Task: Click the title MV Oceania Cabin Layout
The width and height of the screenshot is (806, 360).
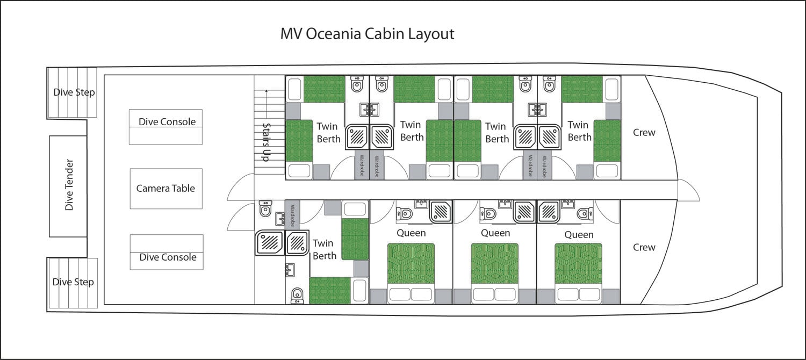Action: tap(367, 34)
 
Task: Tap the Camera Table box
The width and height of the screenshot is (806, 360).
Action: tap(166, 189)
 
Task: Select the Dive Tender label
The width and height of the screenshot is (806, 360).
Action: tap(69, 185)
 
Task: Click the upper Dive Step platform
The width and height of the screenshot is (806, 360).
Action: tap(72, 92)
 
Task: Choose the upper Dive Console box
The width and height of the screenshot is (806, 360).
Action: tap(165, 127)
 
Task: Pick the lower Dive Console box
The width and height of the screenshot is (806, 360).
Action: tap(167, 252)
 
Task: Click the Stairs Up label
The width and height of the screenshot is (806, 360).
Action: tap(267, 142)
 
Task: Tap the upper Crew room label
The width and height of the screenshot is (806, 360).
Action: tap(644, 132)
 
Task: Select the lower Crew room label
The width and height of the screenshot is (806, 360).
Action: tap(644, 247)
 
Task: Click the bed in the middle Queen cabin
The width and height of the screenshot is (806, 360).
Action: tap(495, 273)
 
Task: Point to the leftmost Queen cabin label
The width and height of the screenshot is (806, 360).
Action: tap(411, 233)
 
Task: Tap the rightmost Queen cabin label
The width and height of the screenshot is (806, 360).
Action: tap(579, 235)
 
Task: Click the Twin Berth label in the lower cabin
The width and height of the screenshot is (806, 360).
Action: tap(324, 250)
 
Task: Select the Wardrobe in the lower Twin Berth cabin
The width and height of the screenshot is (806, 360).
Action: tap(292, 215)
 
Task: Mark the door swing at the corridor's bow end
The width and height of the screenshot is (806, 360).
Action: tap(689, 190)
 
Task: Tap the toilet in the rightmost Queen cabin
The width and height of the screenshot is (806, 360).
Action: tap(585, 214)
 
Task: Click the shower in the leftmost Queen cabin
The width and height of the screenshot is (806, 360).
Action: tap(441, 212)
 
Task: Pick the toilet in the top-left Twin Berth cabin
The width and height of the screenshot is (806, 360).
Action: tap(357, 84)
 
